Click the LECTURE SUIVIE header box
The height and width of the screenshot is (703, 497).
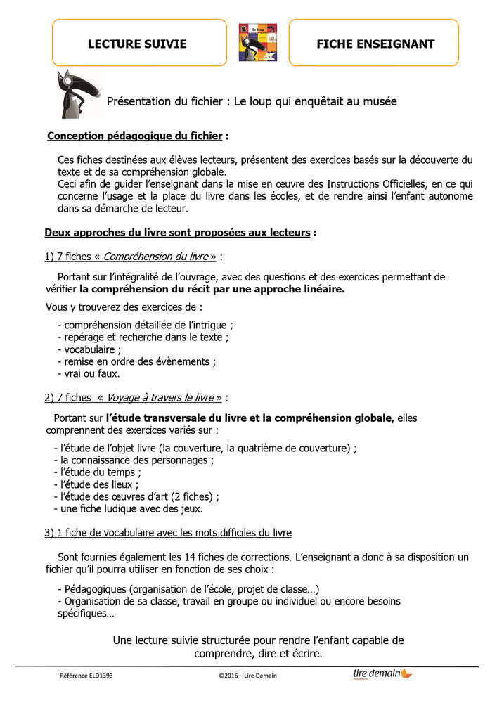click(x=137, y=44)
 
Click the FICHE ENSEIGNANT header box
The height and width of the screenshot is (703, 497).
click(x=375, y=44)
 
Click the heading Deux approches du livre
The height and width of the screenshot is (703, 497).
click(x=177, y=233)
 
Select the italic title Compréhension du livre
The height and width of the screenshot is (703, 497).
click(x=169, y=257)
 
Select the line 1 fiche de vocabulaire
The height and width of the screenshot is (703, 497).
click(x=168, y=533)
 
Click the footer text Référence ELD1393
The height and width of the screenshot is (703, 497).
click(x=86, y=676)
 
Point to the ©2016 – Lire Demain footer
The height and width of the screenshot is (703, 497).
click(x=247, y=676)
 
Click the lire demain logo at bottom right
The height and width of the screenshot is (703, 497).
click(x=382, y=674)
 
